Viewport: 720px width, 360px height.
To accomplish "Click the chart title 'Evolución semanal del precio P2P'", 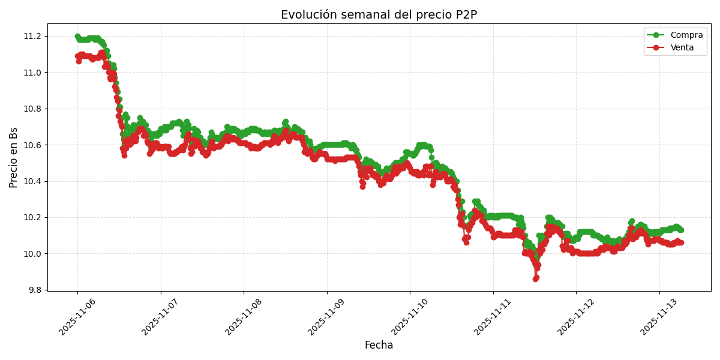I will click(x=379, y=15).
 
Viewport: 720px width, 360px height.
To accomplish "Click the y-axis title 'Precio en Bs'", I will click(x=14, y=157).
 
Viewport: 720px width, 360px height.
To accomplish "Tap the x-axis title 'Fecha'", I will click(x=379, y=346).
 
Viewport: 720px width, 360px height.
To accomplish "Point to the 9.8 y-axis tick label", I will click(x=35, y=290).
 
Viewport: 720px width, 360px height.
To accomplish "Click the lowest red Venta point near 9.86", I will click(x=535, y=279).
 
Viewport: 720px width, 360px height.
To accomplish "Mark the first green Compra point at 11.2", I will click(x=77, y=37).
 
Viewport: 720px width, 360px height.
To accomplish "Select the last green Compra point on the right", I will click(x=680, y=230).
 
